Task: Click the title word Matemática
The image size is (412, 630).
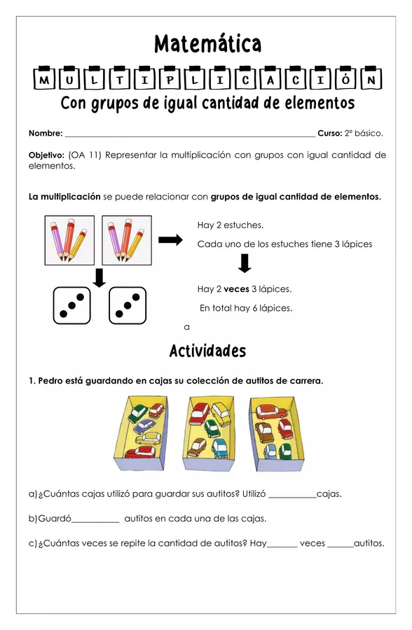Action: tap(207, 45)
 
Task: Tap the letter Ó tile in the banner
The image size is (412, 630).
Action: tap(347, 80)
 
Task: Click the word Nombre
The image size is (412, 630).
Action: tap(45, 133)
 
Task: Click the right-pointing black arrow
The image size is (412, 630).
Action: tap(170, 240)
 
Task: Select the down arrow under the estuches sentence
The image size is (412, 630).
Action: tap(245, 264)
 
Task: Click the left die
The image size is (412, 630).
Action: tap(72, 306)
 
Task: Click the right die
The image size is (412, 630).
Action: tap(128, 306)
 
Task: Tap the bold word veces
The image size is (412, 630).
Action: tap(236, 289)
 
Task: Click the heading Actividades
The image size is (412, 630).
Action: tap(207, 351)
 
